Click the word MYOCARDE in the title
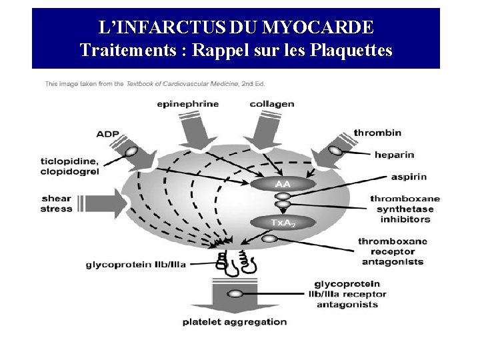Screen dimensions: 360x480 pyautogui.click(x=319, y=27)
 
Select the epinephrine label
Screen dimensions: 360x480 pyautogui.click(x=188, y=104)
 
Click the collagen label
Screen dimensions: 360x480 pyautogui.click(x=272, y=104)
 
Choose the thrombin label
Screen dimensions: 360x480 pyautogui.click(x=377, y=133)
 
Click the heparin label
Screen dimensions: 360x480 pyautogui.click(x=394, y=155)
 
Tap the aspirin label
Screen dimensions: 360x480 pyautogui.click(x=409, y=177)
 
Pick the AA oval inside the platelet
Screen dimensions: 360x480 pyautogui.click(x=283, y=182)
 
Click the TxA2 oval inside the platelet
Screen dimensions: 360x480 pyautogui.click(x=283, y=223)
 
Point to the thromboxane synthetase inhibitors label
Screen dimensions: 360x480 pyautogui.click(x=405, y=209)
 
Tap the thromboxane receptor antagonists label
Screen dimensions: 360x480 pyautogui.click(x=393, y=251)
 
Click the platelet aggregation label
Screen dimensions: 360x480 pyautogui.click(x=235, y=322)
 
